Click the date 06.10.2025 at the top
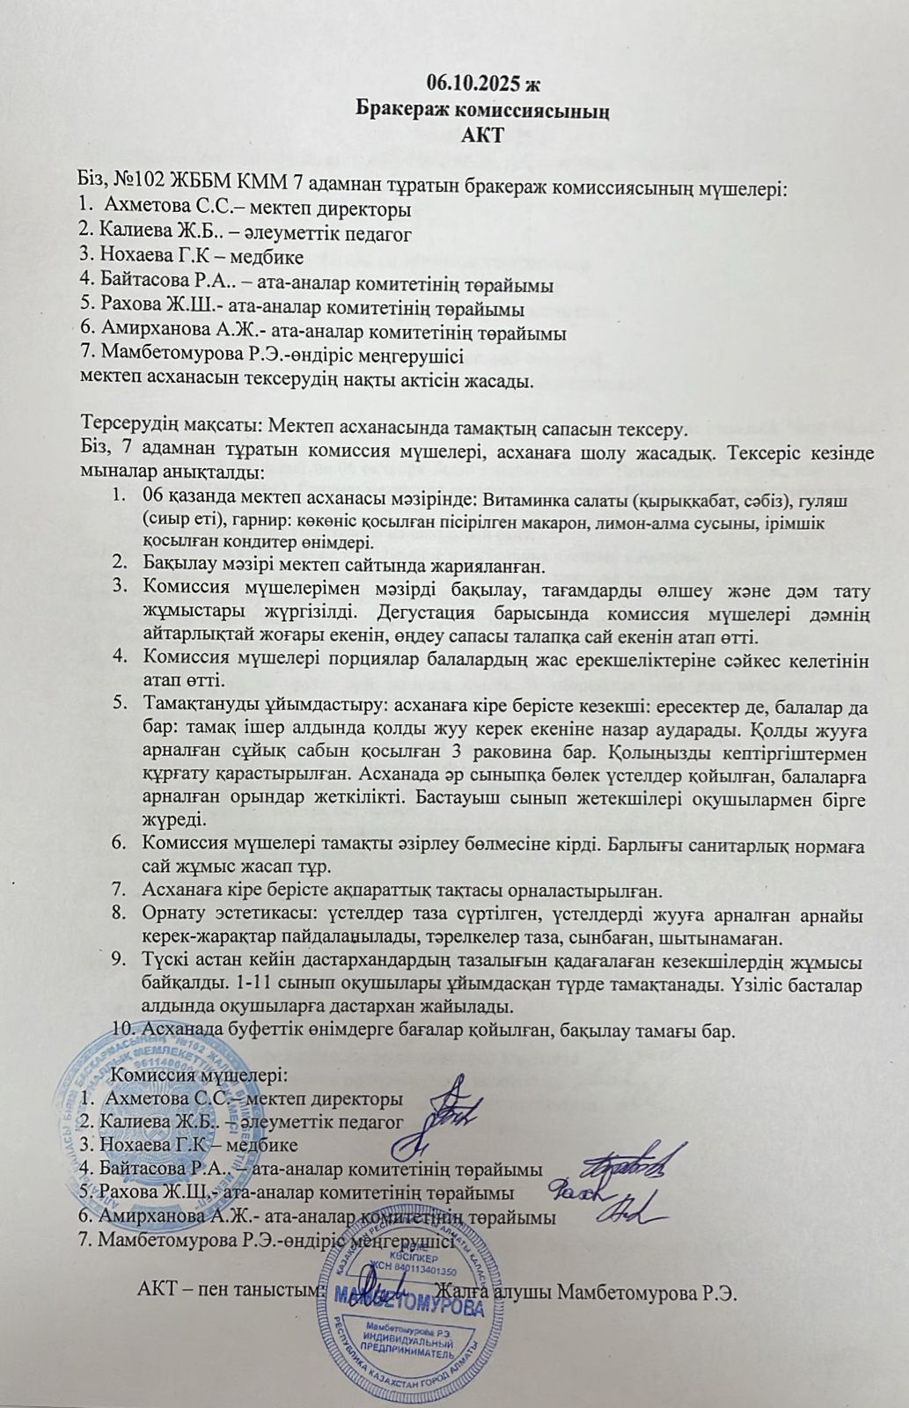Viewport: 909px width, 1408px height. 470,84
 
